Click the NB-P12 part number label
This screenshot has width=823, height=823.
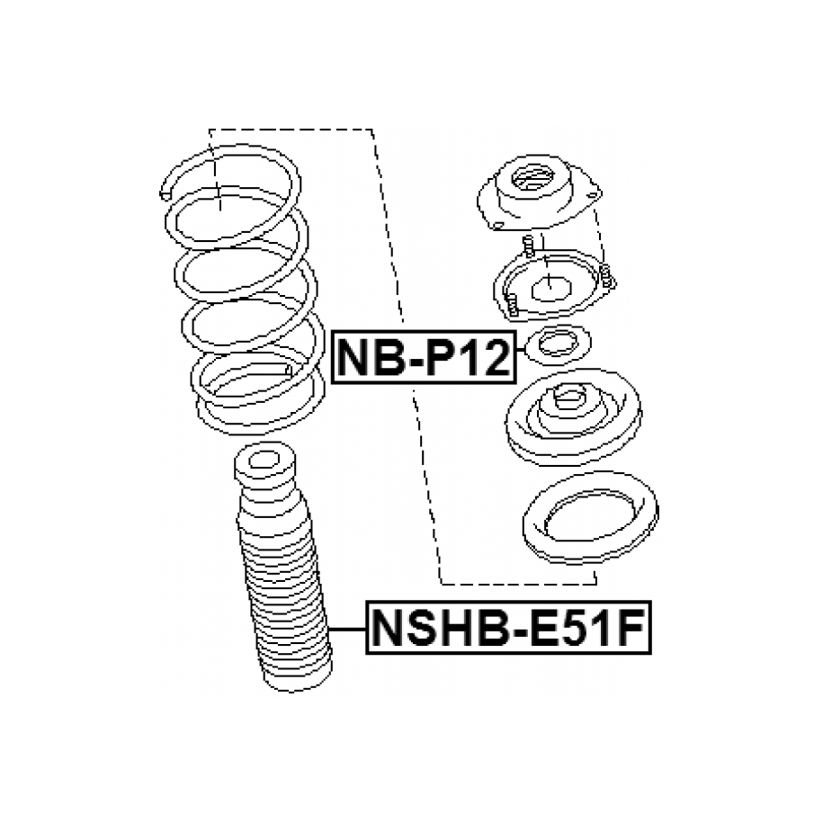[x=425, y=357]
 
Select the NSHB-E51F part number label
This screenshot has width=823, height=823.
[x=508, y=628]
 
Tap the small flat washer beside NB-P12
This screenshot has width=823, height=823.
[x=558, y=344]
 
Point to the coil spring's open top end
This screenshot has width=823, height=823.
[x=165, y=194]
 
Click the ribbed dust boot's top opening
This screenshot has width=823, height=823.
[x=263, y=461]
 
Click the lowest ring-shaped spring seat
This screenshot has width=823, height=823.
[x=590, y=518]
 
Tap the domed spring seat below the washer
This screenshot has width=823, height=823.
[x=573, y=417]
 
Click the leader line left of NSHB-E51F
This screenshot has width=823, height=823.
[x=347, y=629]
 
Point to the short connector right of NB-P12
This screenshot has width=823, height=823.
[x=521, y=349]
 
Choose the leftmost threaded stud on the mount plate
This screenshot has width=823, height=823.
[x=528, y=246]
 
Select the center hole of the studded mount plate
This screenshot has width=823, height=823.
[x=551, y=290]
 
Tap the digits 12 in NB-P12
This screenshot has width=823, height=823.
[x=484, y=357]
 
